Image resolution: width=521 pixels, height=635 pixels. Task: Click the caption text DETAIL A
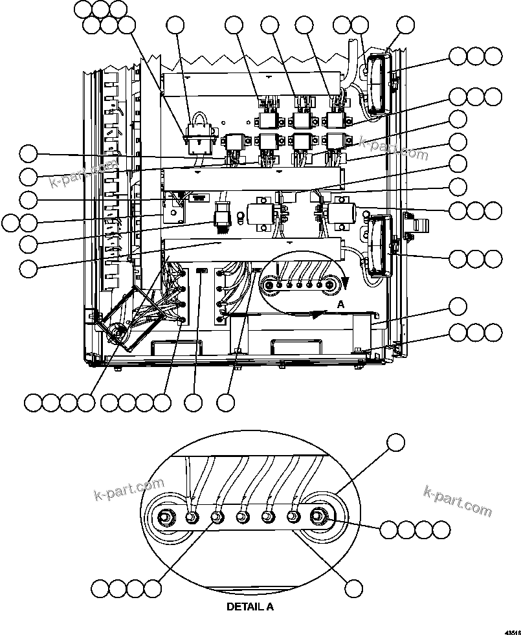(x=250, y=607)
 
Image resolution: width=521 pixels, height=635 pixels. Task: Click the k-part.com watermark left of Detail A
(x=129, y=490)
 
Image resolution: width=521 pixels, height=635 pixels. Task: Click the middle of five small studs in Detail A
(x=242, y=517)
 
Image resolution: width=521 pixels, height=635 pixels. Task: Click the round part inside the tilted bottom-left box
(x=118, y=332)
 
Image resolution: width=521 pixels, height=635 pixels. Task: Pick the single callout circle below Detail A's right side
(x=353, y=588)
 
